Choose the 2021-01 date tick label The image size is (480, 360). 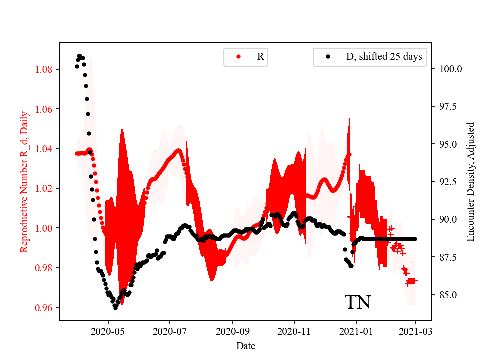pos(356,331)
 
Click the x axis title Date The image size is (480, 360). pos(246,345)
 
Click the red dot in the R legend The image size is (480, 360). pos(238,57)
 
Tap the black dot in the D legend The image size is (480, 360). pos(328,57)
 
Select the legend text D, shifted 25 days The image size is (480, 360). pos(384,57)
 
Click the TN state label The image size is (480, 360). pos(358,302)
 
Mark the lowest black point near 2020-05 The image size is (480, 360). pos(115,308)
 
